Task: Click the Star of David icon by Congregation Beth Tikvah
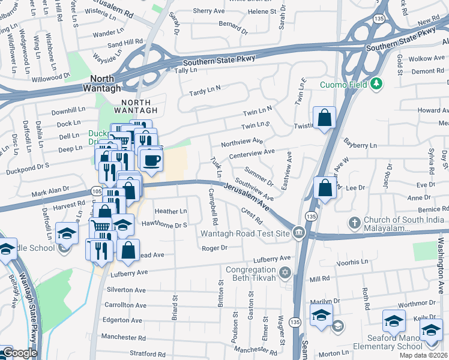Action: (286, 273)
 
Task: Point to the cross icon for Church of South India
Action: (355, 223)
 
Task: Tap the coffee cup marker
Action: (150, 160)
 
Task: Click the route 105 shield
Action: (97, 190)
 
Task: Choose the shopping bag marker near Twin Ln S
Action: (324, 118)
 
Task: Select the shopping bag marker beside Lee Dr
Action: (325, 188)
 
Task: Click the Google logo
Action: (19, 353)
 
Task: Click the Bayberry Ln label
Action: (360, 145)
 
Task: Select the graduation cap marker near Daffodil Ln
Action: (67, 233)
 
